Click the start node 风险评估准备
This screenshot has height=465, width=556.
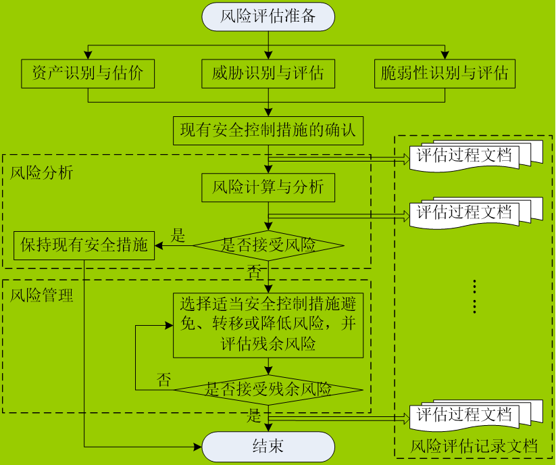pos(268,16)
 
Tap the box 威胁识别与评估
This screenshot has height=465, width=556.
pos(268,74)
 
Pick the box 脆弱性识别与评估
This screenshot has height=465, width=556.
pos(445,74)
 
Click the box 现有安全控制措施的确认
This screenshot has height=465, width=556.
pos(268,130)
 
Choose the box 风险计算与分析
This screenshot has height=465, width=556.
pos(268,187)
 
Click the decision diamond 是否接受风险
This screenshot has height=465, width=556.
pos(268,245)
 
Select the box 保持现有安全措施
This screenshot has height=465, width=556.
pos(84,245)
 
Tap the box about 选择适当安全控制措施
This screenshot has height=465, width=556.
pos(268,324)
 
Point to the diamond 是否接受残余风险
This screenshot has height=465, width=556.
pos(268,389)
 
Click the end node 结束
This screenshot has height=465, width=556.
pos(268,447)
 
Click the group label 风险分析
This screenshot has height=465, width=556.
pos(42,172)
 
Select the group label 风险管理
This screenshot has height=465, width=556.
pos(42,295)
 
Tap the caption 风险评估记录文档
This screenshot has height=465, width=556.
pos(474,446)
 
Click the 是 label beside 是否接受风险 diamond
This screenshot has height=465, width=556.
pos(178,235)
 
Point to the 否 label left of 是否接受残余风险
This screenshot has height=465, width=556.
pos(163,379)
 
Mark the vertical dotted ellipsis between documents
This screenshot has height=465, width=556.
pos(474,296)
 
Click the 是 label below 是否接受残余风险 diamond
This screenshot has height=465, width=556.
pos(254,414)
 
